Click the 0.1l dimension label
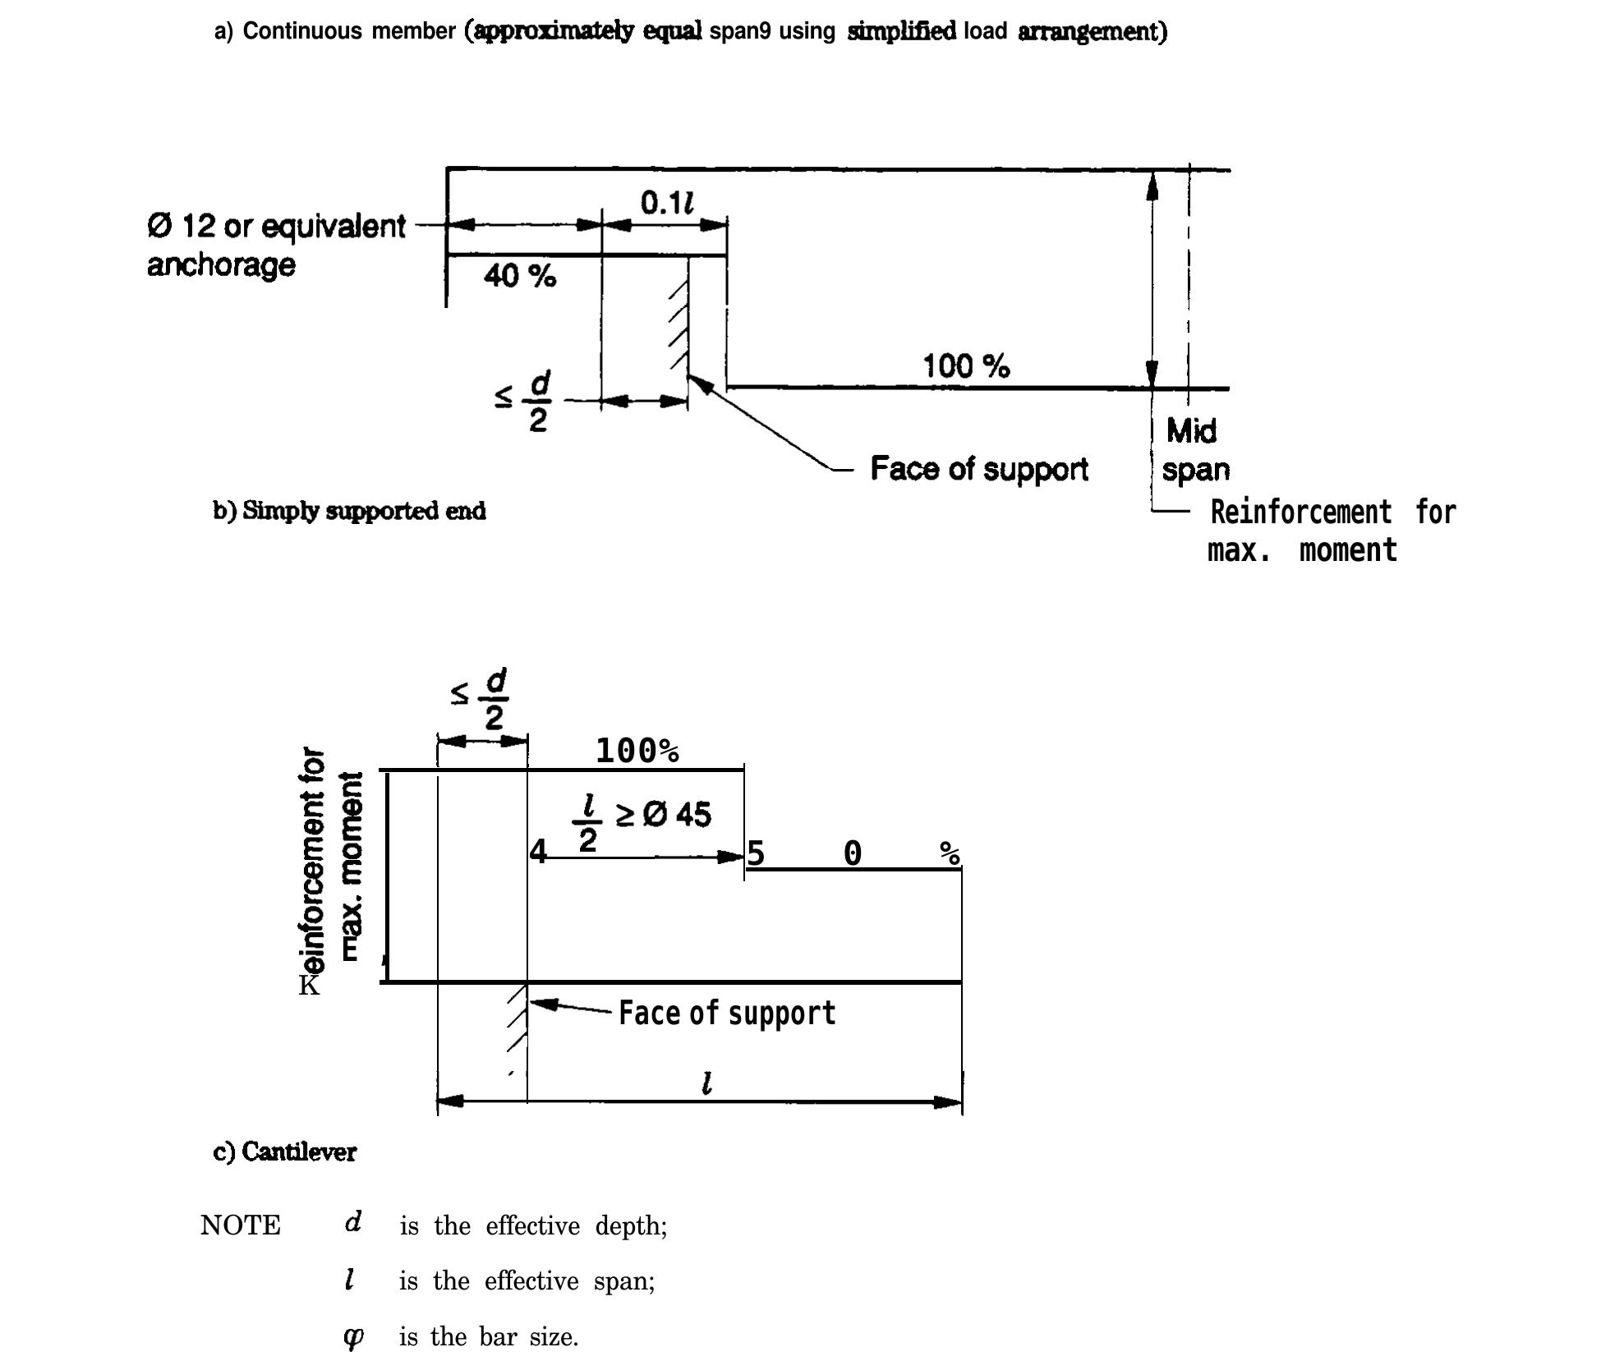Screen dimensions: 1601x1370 point(666,203)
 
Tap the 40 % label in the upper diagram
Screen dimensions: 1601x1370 point(519,276)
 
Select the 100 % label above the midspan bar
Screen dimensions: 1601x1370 point(965,365)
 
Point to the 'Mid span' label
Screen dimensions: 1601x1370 point(1194,449)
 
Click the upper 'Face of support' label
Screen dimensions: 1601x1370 point(978,469)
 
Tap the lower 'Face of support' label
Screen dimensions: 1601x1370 point(726,1013)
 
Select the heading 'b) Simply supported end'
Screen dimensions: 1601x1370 point(349,511)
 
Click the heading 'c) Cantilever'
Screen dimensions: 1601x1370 point(284,1152)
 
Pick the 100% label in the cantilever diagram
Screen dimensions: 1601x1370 point(637,751)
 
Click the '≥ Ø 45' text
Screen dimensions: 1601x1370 point(663,814)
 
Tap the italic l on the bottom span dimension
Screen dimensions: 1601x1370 point(706,1083)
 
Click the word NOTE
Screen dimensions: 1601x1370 point(240,1225)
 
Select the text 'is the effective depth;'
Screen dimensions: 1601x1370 point(533,1226)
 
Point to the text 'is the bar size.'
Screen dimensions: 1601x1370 point(489,1337)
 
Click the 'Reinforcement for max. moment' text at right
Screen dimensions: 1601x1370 point(1331,531)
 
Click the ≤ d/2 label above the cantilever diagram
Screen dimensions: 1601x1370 point(481,697)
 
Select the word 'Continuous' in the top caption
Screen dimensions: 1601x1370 point(301,31)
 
